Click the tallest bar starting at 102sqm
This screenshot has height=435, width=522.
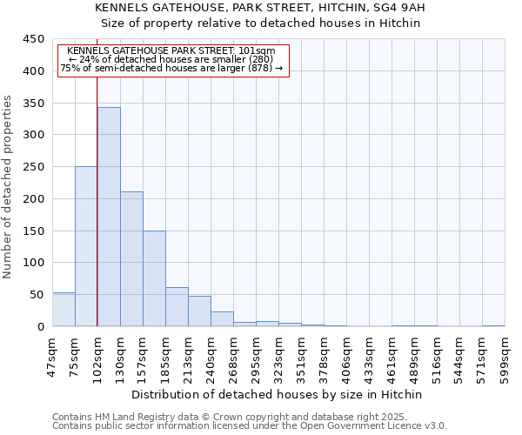[109, 217]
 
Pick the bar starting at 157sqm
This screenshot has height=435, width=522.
[154, 278]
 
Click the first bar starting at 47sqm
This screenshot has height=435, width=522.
[64, 310]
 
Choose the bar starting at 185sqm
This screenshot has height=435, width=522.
[177, 307]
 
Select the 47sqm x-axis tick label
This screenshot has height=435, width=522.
[53, 356]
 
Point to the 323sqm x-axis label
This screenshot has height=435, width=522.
[279, 356]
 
